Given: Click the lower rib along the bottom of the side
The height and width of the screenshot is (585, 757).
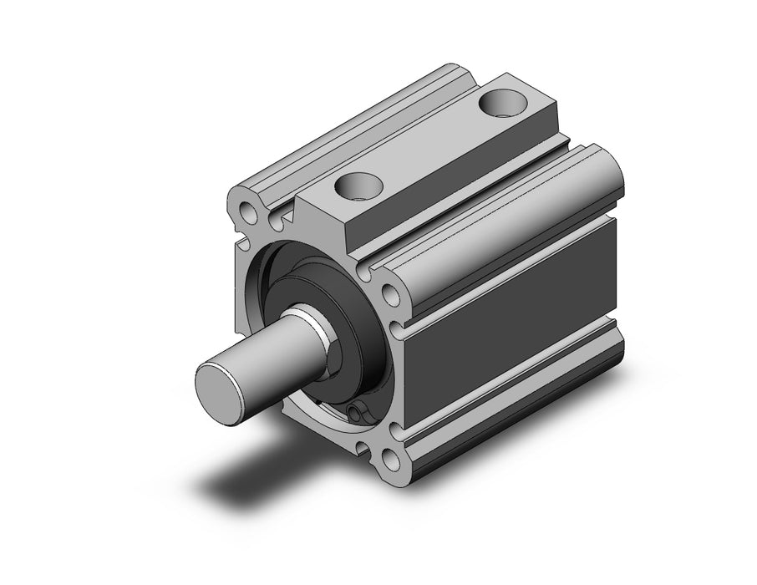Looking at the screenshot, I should [x=518, y=401].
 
